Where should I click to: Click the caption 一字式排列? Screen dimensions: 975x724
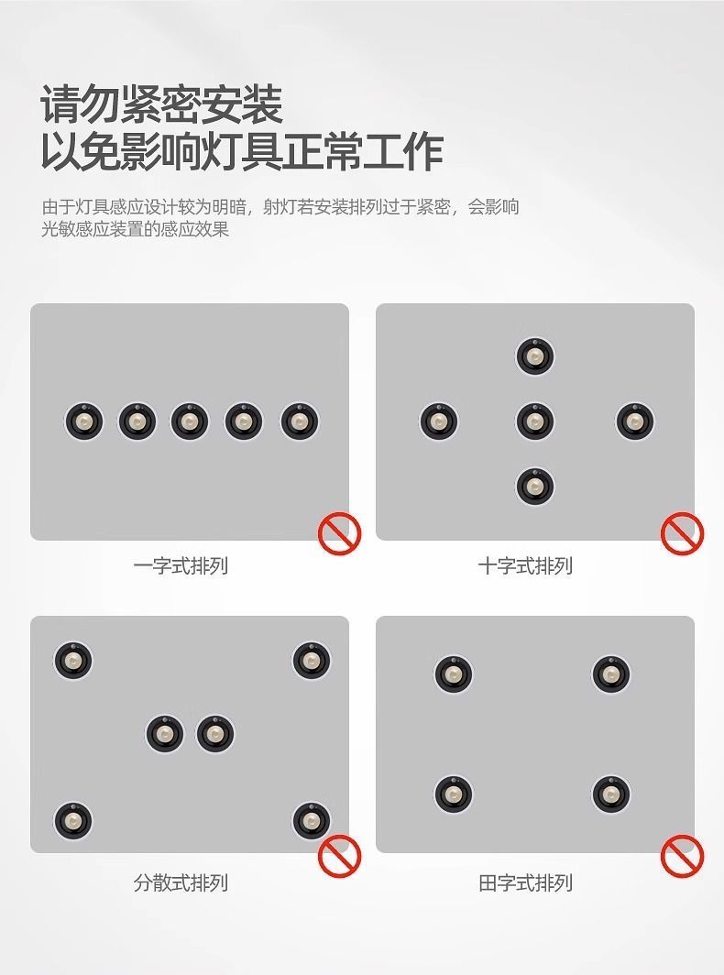pos(180,566)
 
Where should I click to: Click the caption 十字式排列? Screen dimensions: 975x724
pos(525,566)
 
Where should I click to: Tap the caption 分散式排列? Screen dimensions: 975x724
pos(180,883)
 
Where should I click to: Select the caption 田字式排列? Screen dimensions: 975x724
pos(525,883)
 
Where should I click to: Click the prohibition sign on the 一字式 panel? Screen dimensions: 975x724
pos(339,533)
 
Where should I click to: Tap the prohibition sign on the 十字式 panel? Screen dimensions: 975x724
pos(682,533)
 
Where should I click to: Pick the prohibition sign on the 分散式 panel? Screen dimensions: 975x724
pos(339,857)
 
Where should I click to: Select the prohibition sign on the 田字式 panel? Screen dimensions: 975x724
pos(682,856)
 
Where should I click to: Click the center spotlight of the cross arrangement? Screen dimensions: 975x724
pos(534,422)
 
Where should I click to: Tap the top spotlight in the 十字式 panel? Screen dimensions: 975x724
pos(534,356)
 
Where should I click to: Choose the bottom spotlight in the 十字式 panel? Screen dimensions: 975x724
pos(534,487)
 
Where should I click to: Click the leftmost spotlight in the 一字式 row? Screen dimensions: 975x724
pos(83,422)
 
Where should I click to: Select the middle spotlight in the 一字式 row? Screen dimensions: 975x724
pos(189,422)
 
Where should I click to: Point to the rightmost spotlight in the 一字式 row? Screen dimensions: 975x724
pos(299,422)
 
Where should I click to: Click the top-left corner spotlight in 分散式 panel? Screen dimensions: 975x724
pos(72,661)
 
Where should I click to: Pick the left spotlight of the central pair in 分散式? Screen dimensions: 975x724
pos(164,734)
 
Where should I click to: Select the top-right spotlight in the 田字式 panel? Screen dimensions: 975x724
pos(610,674)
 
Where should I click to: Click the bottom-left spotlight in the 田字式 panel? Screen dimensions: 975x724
pos(453,794)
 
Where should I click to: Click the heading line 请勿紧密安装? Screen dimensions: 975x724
pos(161,105)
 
